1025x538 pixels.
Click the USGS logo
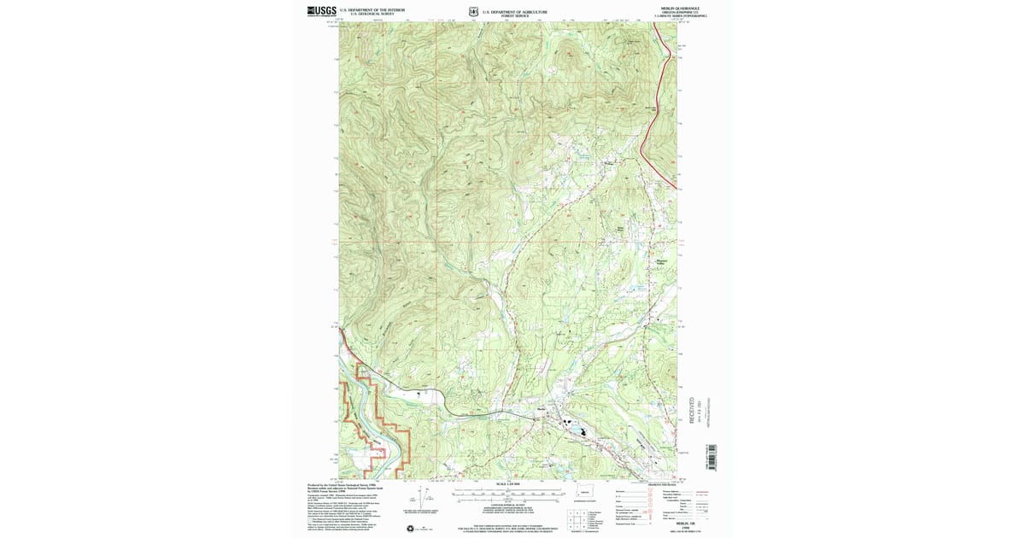click(322, 11)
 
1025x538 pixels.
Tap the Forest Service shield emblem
click(472, 12)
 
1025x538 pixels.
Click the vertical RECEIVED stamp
click(693, 409)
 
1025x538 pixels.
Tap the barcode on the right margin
click(711, 457)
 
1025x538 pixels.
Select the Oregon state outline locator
click(583, 494)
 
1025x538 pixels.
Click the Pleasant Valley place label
click(661, 262)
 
